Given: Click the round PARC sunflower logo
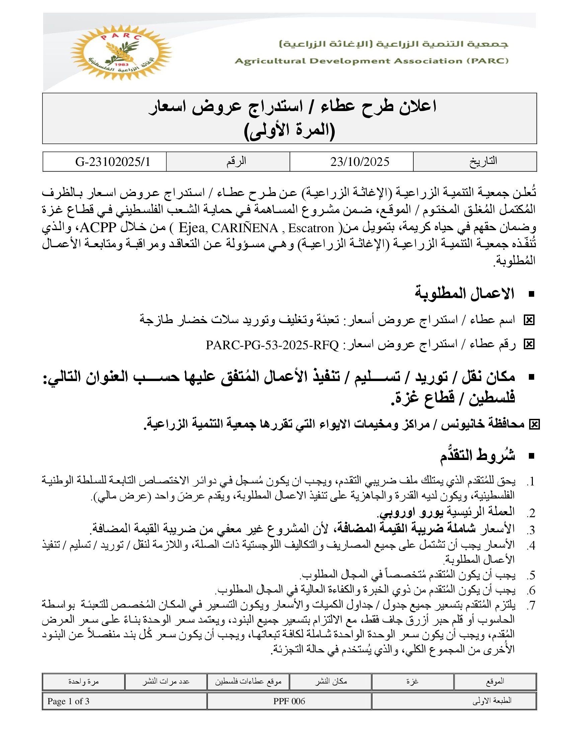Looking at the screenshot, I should coord(121,52).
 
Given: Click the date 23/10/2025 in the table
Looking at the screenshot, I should coord(359,162).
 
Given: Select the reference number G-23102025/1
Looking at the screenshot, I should coord(112,162).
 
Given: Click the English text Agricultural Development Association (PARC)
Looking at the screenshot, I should coord(372,61).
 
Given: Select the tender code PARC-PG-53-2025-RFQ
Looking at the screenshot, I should coord(272,345).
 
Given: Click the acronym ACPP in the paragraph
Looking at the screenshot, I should coord(98,228).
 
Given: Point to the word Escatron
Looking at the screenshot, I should coord(311,228).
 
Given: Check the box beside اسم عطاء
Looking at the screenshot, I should coord(529,320).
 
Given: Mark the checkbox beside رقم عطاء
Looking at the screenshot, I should coord(529,344).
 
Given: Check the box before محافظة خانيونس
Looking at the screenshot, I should coord(534,425).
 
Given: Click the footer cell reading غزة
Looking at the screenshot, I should coord(412,681).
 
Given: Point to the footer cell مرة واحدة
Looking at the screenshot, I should coord(83,681).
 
